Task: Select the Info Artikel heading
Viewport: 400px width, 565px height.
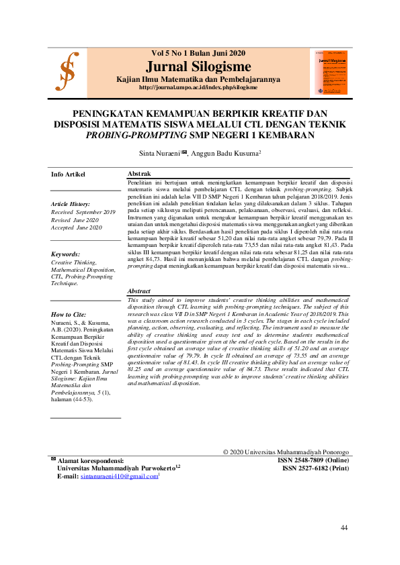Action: tap(69, 174)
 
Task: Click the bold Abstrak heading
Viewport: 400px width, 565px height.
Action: tap(139, 174)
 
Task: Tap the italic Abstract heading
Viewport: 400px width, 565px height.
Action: tap(139, 291)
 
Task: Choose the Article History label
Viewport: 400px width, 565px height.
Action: tap(71, 204)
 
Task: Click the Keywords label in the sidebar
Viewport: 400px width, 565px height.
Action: tap(66, 254)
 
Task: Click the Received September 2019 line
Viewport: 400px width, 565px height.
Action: tap(83, 212)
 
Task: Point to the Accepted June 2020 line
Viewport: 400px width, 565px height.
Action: tap(77, 227)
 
